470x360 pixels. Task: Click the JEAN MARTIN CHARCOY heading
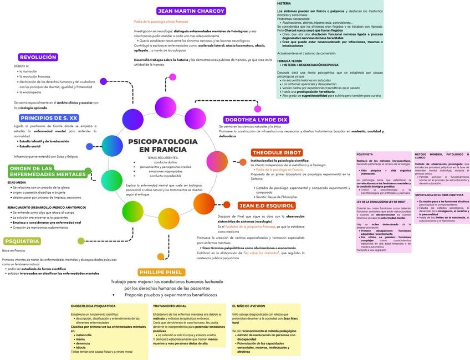point(191,11)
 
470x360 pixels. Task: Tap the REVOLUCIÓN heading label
point(38,57)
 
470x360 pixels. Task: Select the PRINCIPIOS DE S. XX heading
point(49,118)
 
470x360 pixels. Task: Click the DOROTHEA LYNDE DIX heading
point(256,120)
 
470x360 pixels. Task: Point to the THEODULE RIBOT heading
point(277,152)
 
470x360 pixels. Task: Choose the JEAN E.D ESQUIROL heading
point(266,205)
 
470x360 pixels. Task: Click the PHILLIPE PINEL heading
point(161,272)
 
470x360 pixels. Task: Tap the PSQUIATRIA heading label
point(22,241)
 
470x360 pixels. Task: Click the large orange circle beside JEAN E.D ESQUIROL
point(204,203)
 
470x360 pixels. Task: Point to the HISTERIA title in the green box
point(284,3)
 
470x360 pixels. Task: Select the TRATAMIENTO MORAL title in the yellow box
point(169,306)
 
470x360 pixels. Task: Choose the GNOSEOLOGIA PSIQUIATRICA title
point(93,306)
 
